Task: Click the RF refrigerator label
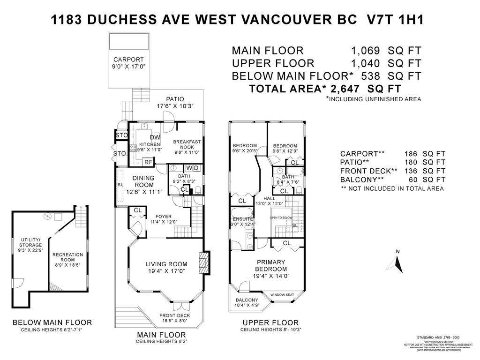click(x=148, y=162)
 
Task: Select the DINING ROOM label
click(x=143, y=181)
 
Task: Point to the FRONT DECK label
click(x=174, y=315)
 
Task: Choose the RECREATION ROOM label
click(x=67, y=257)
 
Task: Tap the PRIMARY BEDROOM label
click(x=270, y=265)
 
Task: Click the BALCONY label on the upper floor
click(x=247, y=300)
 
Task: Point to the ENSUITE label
click(x=242, y=219)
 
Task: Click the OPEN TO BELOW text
click(x=281, y=218)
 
